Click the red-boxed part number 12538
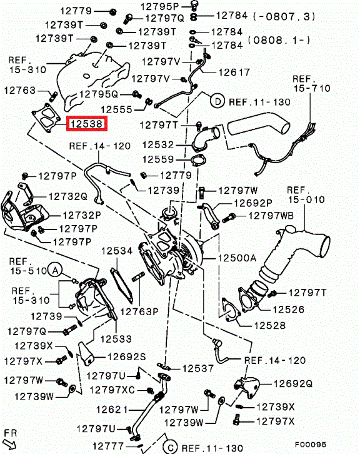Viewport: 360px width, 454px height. (86, 124)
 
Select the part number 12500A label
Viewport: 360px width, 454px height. (237, 258)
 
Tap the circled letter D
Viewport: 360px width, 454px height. (217, 101)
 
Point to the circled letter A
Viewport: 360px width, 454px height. (55, 271)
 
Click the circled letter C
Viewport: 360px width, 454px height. (170, 447)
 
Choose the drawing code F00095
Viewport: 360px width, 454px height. (311, 445)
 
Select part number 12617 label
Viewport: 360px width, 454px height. (234, 72)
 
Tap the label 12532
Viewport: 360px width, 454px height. (158, 145)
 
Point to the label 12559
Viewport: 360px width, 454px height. (158, 159)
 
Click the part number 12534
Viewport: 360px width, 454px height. (117, 251)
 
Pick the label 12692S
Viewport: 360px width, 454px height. (127, 356)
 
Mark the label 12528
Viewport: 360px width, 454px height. (270, 325)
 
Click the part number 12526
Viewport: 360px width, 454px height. (289, 310)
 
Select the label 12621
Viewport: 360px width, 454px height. (112, 410)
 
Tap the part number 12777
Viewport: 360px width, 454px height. (108, 446)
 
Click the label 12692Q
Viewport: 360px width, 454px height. (293, 383)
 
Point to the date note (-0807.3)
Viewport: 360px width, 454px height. (284, 16)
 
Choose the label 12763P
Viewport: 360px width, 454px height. (139, 311)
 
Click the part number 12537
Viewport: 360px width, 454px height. (198, 368)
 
